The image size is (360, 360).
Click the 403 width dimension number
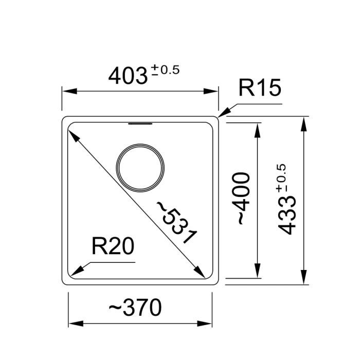(x=128, y=76)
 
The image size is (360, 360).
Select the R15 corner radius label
(x=260, y=88)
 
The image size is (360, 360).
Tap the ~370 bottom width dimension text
(x=135, y=308)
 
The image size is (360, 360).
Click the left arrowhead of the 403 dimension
(x=69, y=92)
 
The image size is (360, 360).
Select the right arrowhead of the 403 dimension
(x=212, y=92)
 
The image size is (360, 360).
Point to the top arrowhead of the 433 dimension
(x=305, y=124)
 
